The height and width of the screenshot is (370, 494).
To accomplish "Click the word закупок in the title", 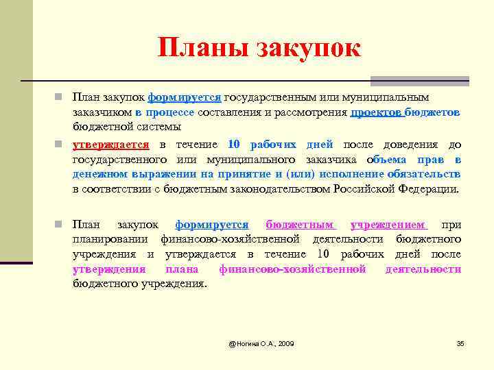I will point(308,47).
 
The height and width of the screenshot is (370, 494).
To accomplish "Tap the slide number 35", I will point(460,343).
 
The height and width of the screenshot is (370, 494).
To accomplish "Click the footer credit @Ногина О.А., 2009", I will point(261,343).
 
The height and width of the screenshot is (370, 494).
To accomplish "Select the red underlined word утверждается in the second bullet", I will point(111,145).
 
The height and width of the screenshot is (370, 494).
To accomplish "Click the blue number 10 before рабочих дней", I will point(234,145).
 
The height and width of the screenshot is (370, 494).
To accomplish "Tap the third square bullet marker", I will point(60,225).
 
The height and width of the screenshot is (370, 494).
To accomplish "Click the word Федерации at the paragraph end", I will point(430,189).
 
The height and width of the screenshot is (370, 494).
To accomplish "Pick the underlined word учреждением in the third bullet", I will point(388,225).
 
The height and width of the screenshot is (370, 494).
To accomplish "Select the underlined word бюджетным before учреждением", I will point(300,225).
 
